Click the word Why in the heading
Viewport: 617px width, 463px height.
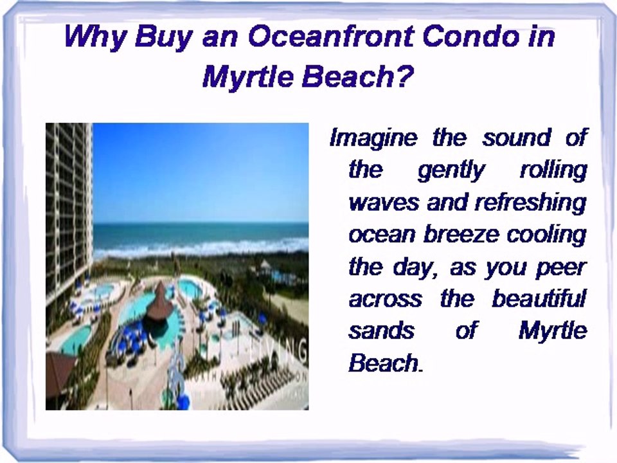coord(96,37)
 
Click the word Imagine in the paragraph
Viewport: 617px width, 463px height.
coord(373,138)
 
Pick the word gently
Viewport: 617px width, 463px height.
coord(452,170)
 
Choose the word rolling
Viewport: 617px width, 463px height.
coord(553,170)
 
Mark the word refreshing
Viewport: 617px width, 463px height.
coord(530,203)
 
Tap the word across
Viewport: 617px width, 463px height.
coord(385,299)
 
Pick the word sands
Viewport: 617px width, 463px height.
coord(381,331)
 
